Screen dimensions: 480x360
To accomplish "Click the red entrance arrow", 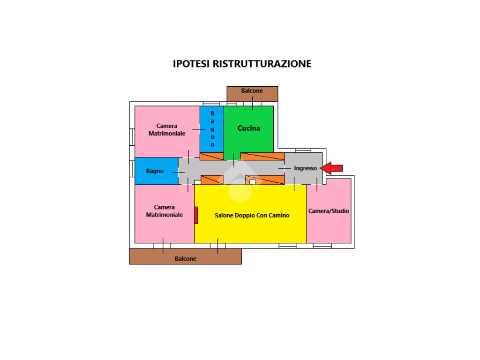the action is [334, 168].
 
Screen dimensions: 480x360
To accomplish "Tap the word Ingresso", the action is [305, 168].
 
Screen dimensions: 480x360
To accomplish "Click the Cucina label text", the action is [248, 128].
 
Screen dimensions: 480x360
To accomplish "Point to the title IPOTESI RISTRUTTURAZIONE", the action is [242, 64].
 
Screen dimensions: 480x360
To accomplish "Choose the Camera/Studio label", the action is [329, 211].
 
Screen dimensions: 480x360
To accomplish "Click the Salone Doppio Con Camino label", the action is [252, 216].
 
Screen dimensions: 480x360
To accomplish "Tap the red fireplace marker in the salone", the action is [196, 215].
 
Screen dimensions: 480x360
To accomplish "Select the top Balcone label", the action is [252, 90].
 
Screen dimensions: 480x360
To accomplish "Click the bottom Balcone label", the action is [186, 259].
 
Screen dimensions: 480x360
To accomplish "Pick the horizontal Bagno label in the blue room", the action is [155, 171].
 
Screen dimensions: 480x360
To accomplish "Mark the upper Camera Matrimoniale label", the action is [167, 130].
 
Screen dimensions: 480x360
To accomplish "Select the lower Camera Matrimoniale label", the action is [164, 211].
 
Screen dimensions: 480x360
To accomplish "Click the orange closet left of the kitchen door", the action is [212, 156].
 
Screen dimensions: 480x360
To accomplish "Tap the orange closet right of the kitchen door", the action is [262, 156].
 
